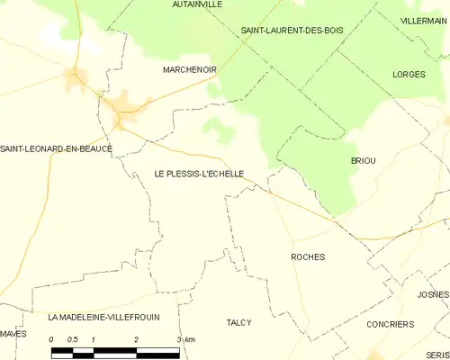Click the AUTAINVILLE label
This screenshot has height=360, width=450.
197,4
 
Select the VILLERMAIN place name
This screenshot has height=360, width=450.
423,19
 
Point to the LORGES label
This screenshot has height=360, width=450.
409,74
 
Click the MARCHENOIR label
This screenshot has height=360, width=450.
186,69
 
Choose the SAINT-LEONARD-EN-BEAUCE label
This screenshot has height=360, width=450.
56,148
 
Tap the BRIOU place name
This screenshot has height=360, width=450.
363,160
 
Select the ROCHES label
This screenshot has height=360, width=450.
308,257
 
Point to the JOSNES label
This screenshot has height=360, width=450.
433,295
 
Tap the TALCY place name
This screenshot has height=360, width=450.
238,322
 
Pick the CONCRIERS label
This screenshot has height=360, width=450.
391,324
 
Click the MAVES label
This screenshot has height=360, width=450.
13,334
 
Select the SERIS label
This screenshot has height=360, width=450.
438,355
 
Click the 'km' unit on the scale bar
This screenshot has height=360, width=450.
190,339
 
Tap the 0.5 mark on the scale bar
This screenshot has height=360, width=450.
73,339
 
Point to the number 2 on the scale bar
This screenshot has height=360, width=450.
136,339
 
